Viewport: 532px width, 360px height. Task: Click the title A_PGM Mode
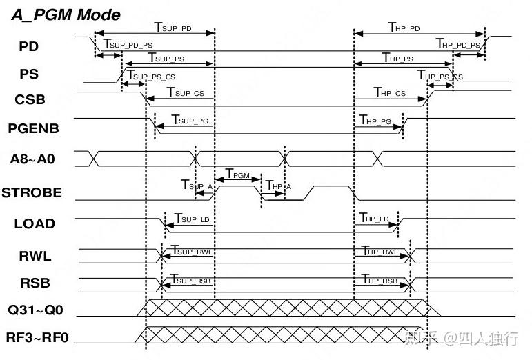click(66, 14)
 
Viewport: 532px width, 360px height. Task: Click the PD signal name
click(29, 46)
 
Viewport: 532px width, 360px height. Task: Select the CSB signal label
click(30, 100)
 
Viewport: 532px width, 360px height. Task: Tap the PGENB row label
click(33, 128)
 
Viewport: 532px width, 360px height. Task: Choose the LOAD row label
click(35, 223)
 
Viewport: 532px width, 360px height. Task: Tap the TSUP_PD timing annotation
click(173, 28)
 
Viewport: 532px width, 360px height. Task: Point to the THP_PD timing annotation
click(404, 28)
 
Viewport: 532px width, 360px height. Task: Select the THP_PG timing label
click(375, 120)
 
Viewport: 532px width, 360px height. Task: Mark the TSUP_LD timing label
click(191, 218)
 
